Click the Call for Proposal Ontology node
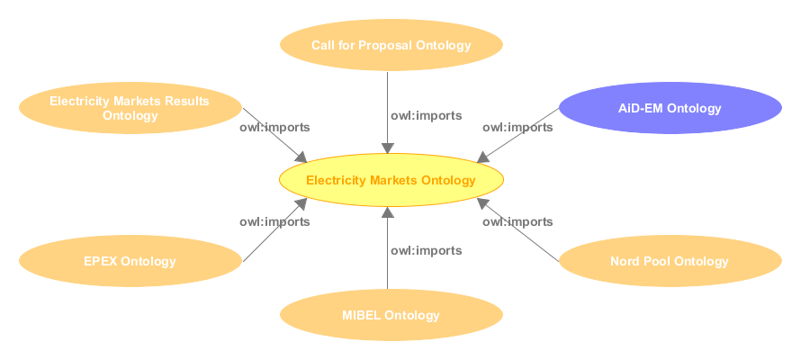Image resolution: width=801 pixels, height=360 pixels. point(391,45)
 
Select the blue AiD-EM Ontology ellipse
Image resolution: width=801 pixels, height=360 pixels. point(670,109)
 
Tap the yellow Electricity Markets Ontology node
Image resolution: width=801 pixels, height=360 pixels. point(391,180)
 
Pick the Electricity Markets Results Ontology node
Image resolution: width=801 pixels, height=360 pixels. point(130,108)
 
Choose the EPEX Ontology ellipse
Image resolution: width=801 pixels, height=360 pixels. point(130,262)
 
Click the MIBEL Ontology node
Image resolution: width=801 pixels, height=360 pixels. point(391,315)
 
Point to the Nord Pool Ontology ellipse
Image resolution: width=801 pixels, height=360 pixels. point(670,262)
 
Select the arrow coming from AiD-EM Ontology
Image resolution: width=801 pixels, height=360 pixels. point(517,135)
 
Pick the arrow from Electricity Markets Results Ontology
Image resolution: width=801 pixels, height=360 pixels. point(274,135)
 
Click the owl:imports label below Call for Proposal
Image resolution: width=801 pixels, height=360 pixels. point(427,115)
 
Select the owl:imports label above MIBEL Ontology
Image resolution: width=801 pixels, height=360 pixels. point(427,250)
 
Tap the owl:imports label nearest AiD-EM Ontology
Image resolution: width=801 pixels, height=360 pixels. point(517,127)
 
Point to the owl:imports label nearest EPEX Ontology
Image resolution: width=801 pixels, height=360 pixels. point(274,221)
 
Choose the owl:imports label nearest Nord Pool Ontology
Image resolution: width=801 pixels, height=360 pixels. point(517,221)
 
